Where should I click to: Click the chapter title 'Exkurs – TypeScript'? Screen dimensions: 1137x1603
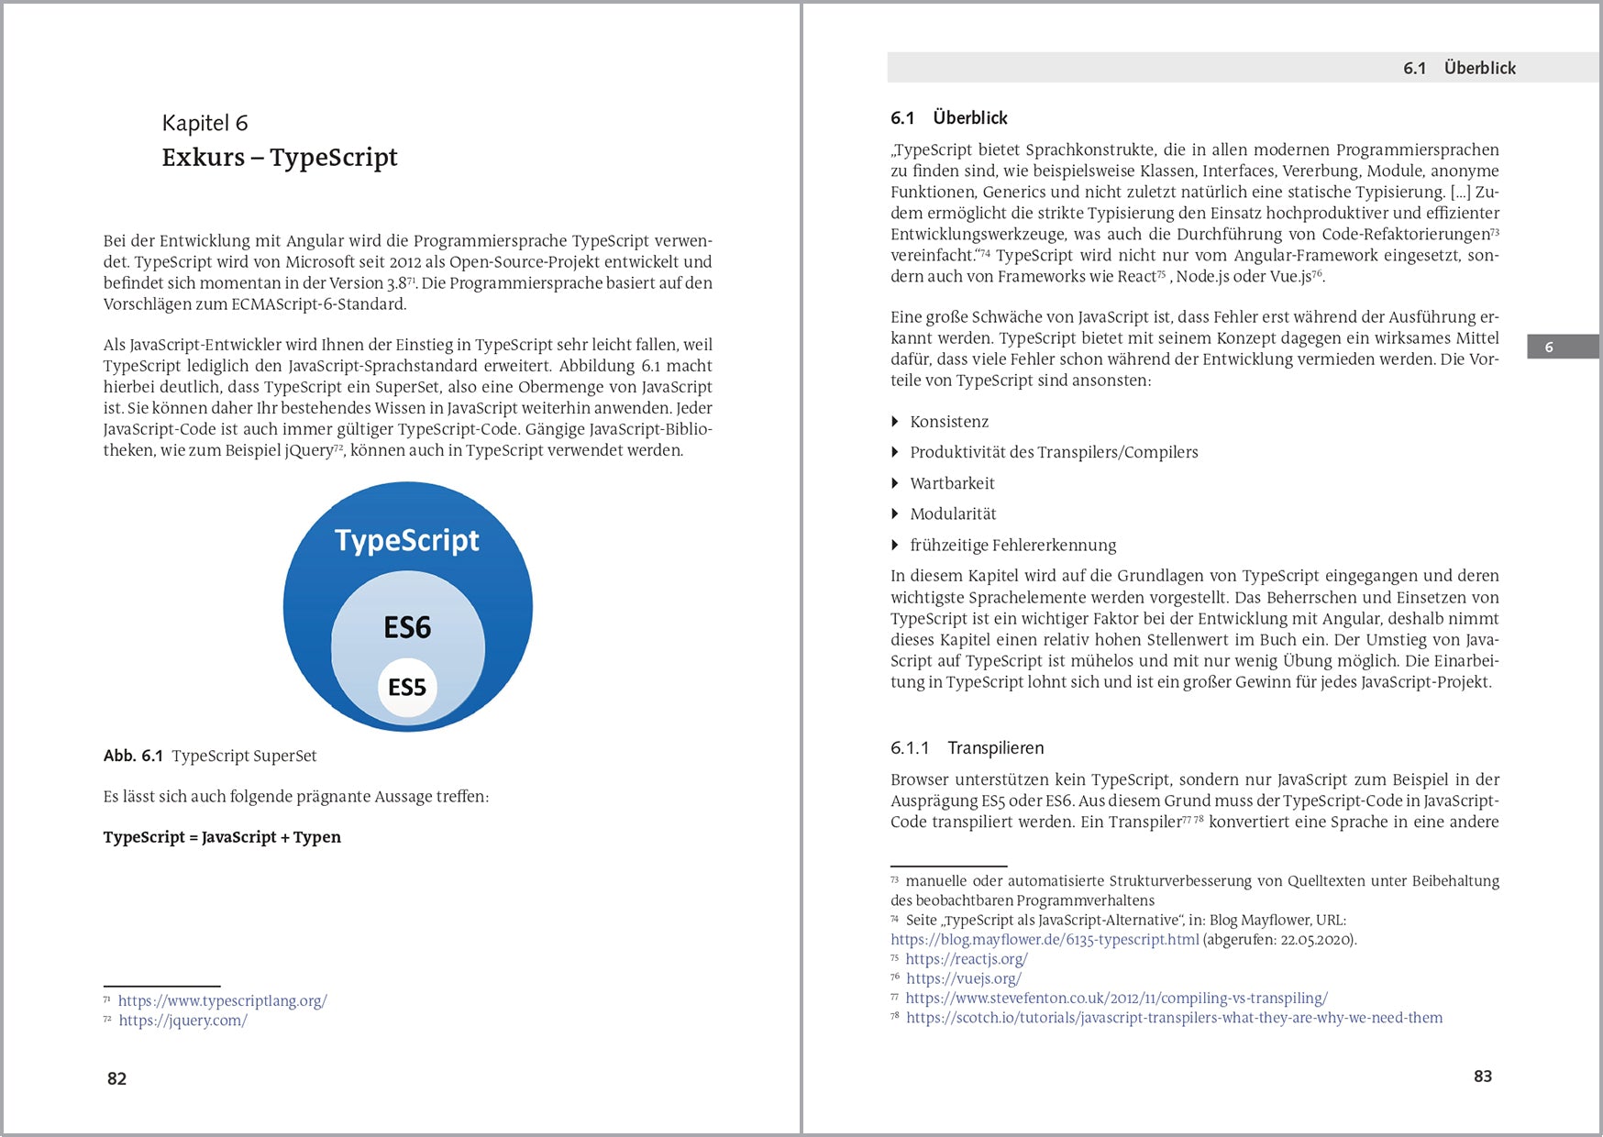coord(280,158)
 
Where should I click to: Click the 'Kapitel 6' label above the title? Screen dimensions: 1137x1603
coord(205,123)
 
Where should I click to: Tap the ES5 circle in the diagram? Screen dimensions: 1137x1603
coord(407,688)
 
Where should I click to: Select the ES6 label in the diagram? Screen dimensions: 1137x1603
coord(407,628)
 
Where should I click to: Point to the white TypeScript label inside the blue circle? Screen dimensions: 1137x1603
coord(407,540)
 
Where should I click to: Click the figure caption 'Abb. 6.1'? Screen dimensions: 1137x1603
coord(133,756)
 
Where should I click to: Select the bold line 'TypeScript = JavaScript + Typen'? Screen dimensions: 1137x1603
coord(222,837)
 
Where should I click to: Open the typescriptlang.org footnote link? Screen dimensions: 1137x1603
coord(222,1000)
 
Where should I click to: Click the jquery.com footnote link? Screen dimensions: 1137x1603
coord(182,1020)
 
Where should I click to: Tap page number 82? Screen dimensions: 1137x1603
coord(116,1078)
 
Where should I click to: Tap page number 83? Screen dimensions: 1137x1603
coord(1482,1076)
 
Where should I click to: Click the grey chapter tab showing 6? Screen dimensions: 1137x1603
coord(1562,347)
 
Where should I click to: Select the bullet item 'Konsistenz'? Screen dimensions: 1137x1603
coord(949,422)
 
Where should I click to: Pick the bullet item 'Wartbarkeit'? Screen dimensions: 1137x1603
coord(952,483)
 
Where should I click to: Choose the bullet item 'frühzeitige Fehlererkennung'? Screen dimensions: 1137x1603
coord(1012,546)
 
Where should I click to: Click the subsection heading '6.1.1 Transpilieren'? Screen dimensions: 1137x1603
coord(967,748)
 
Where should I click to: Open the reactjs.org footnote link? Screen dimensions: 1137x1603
coord(967,959)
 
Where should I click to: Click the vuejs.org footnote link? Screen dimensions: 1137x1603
coord(963,978)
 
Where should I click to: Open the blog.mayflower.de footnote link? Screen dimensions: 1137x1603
coord(1045,939)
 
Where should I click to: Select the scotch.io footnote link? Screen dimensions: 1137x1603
coord(1174,1018)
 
